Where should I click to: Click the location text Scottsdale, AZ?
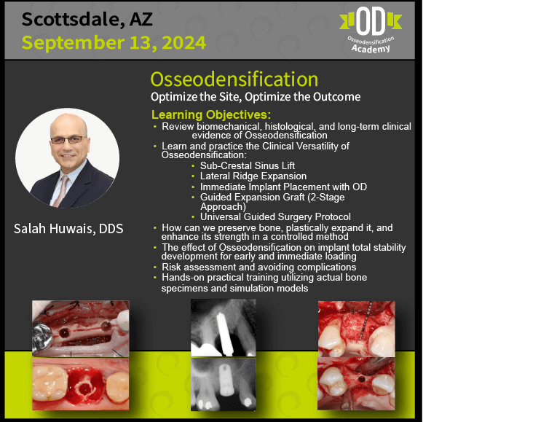(87, 19)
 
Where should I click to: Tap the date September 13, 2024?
(114, 43)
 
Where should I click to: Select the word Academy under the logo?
(371, 49)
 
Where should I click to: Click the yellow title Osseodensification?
(234, 79)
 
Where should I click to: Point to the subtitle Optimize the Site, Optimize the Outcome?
(256, 97)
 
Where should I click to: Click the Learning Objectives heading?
(211, 114)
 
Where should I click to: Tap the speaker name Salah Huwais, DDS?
(68, 229)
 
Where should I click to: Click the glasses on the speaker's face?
(68, 140)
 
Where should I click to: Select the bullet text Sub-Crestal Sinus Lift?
(248, 165)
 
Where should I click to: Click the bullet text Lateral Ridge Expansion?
(253, 176)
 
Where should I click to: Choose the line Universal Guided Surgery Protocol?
(275, 217)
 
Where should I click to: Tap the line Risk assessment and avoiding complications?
(259, 267)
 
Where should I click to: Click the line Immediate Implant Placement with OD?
(283, 187)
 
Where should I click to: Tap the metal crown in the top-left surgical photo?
(42, 337)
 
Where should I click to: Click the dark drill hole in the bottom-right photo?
(361, 379)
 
